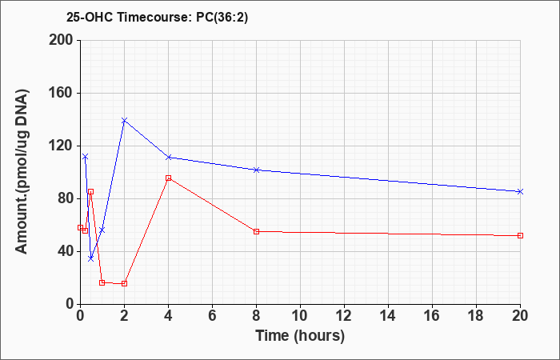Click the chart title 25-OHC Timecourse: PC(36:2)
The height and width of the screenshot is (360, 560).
tap(157, 17)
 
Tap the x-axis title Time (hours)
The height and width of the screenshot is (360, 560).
tap(300, 336)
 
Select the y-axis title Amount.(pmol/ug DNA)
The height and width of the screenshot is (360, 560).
tap(22, 172)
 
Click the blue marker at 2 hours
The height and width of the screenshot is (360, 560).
tap(124, 120)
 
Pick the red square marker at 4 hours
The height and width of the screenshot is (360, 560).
tap(168, 178)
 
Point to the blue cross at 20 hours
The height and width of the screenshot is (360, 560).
tap(520, 192)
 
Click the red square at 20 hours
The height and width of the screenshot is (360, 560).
tap(520, 236)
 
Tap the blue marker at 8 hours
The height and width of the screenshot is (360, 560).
tap(256, 170)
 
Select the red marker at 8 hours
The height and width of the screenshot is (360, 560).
tap(256, 232)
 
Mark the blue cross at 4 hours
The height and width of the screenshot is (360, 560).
tap(168, 157)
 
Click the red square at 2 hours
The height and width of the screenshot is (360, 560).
tap(124, 283)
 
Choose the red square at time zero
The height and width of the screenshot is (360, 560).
tap(80, 227)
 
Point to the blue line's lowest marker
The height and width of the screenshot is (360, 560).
tap(90, 258)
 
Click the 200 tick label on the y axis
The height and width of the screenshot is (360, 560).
tap(60, 40)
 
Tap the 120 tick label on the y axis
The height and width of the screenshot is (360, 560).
tap(60, 146)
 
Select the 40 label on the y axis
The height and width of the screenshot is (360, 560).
tap(63, 252)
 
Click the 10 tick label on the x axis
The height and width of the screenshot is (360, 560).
tap(300, 316)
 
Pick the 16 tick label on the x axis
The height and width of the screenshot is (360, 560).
tap(432, 316)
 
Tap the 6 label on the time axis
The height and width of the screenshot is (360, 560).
tap(212, 316)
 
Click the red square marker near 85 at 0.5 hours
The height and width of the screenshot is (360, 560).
tap(90, 192)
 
